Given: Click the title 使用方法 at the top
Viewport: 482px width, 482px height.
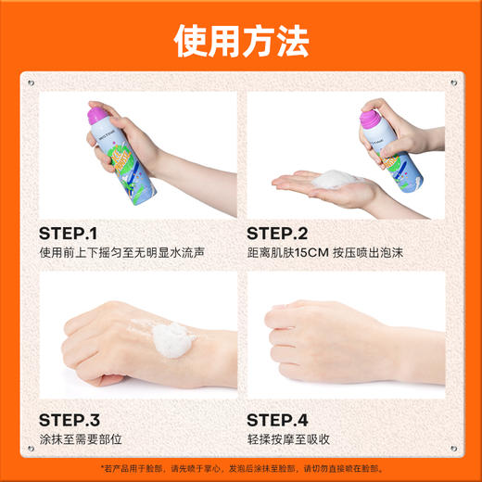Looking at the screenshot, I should (x=241, y=42).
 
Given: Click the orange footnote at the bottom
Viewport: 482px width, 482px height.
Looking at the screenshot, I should (x=241, y=468).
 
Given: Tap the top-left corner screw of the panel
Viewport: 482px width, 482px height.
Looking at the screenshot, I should (x=31, y=82).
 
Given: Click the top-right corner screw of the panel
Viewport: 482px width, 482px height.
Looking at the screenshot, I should (x=451, y=82).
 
